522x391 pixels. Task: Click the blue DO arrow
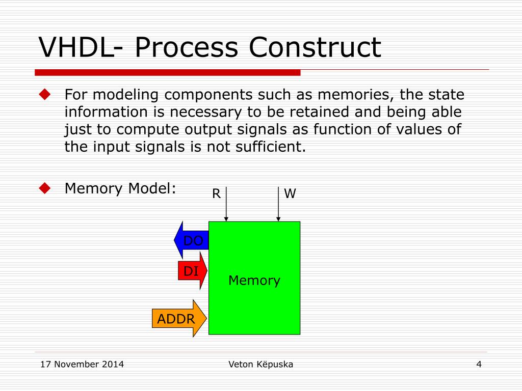tap(192, 240)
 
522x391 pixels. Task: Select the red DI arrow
tap(192, 271)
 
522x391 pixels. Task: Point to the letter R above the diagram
tap(216, 193)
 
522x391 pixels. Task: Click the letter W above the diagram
tap(290, 193)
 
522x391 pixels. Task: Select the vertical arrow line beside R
tap(226, 204)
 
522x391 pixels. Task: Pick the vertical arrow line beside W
tap(278, 204)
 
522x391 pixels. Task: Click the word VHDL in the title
tap(76, 47)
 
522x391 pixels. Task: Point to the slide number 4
tap(479, 364)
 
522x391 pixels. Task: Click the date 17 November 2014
tap(82, 364)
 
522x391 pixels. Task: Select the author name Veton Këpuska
tap(260, 364)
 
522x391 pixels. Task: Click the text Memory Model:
tap(120, 189)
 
